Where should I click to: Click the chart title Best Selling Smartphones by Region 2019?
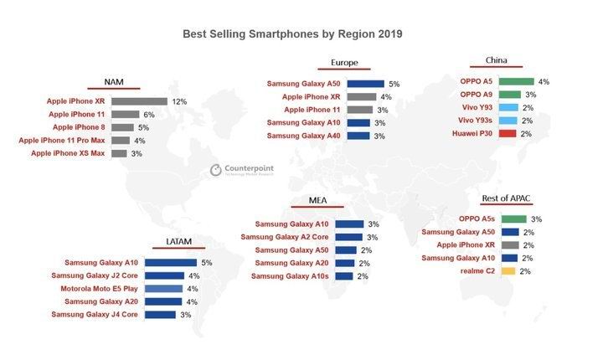pyautogui.click(x=292, y=35)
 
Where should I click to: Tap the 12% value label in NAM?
pyautogui.click(x=178, y=101)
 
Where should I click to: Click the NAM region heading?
pyautogui.click(x=116, y=81)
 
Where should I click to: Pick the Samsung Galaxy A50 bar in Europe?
pyautogui.click(x=364, y=84)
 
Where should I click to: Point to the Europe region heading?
pyautogui.click(x=343, y=62)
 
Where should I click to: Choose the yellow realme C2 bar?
pyautogui.click(x=508, y=272)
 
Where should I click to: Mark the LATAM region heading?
pyautogui.click(x=178, y=242)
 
